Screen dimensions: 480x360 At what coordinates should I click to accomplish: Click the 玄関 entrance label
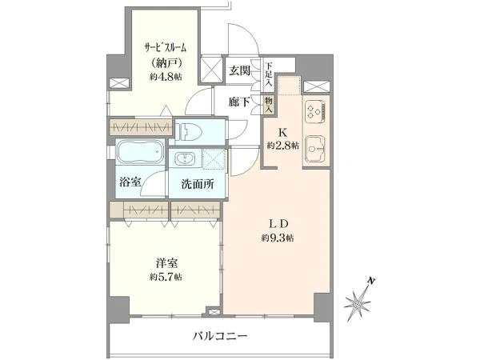tap(240, 70)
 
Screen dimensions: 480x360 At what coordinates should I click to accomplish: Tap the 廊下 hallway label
tap(239, 102)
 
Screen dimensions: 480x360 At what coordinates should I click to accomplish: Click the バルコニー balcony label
tap(220, 337)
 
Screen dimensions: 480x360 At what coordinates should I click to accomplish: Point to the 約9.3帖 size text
tap(278, 238)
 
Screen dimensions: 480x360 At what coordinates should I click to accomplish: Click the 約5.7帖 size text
tap(166, 277)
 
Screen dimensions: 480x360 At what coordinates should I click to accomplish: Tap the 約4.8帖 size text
tap(166, 77)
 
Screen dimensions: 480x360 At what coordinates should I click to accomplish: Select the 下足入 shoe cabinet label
tap(269, 74)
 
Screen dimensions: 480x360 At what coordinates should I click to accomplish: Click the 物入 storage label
tap(269, 104)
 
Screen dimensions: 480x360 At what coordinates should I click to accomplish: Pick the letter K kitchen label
tap(282, 133)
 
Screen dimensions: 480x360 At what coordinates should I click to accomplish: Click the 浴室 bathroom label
tap(130, 182)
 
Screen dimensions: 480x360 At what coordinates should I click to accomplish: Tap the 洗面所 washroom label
tap(198, 184)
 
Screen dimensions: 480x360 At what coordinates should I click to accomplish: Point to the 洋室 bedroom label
tap(166, 263)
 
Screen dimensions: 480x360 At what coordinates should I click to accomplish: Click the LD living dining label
tap(278, 224)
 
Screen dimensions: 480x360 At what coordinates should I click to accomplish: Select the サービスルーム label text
tap(166, 48)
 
